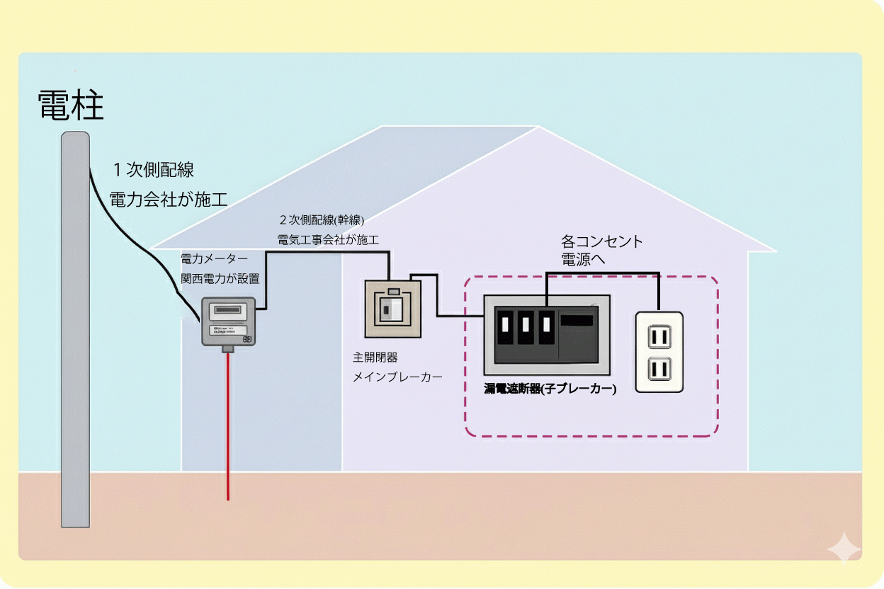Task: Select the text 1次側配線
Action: point(154,170)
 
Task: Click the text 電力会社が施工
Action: point(169,200)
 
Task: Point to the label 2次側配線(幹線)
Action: point(322,219)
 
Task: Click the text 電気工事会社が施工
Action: point(328,239)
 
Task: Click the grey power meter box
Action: point(228,321)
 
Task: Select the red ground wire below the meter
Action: point(228,425)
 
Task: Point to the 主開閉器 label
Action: point(375,358)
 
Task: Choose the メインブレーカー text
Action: point(397,377)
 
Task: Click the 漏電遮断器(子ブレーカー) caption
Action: point(550,389)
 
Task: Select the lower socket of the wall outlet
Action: point(659,369)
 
